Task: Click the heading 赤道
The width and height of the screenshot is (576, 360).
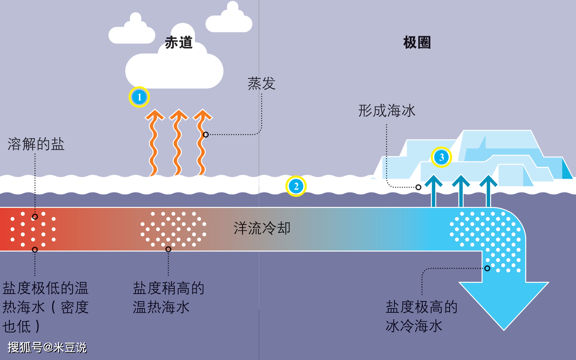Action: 179,43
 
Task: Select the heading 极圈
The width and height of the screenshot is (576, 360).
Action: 417,43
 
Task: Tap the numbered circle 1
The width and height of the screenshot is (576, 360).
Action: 139,97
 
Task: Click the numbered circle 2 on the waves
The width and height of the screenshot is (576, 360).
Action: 296,186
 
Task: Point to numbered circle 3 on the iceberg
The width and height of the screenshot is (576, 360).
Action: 441,157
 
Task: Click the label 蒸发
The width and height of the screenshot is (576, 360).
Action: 262,84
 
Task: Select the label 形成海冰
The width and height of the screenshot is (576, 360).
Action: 387,111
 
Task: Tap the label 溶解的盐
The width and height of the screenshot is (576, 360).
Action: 36,144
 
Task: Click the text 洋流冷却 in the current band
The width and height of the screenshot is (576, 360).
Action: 262,228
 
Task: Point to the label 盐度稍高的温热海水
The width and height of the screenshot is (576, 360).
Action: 168,298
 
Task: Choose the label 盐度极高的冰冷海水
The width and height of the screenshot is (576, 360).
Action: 421,316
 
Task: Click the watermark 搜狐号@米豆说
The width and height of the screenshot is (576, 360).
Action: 47,347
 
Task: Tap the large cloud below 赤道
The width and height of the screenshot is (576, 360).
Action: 174,70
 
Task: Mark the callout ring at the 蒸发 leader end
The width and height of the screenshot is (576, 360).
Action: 206,135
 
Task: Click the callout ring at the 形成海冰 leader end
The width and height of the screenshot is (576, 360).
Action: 418,187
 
